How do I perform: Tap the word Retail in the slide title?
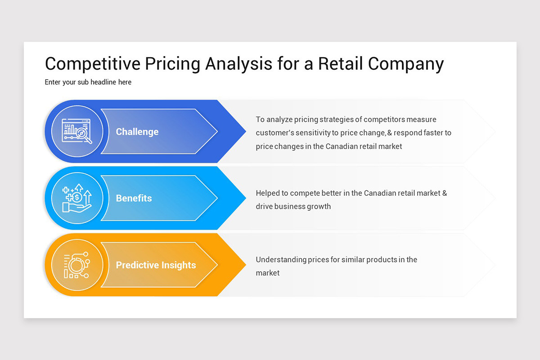[x=341, y=64]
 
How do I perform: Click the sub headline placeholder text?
[x=88, y=82]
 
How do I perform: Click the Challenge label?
[x=137, y=132]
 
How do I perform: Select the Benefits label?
[x=134, y=198]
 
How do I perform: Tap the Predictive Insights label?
[x=156, y=265]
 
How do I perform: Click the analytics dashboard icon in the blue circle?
[x=77, y=131]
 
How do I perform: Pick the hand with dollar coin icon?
[x=77, y=198]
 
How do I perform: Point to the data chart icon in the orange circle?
[x=77, y=265]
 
